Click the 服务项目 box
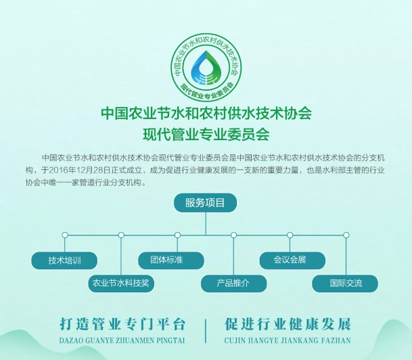pos(206,202)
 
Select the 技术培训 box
pos(64,260)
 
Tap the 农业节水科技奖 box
pos(120,283)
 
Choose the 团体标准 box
pos(177,260)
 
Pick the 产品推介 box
pos(233,283)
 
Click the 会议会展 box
pos(290,260)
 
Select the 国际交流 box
pos(345,283)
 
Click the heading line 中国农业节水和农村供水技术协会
pos(206,112)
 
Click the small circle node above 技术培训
pos(65,235)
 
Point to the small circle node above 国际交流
pos(346,235)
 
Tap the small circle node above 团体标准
pos(177,235)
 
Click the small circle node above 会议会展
pos(290,235)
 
